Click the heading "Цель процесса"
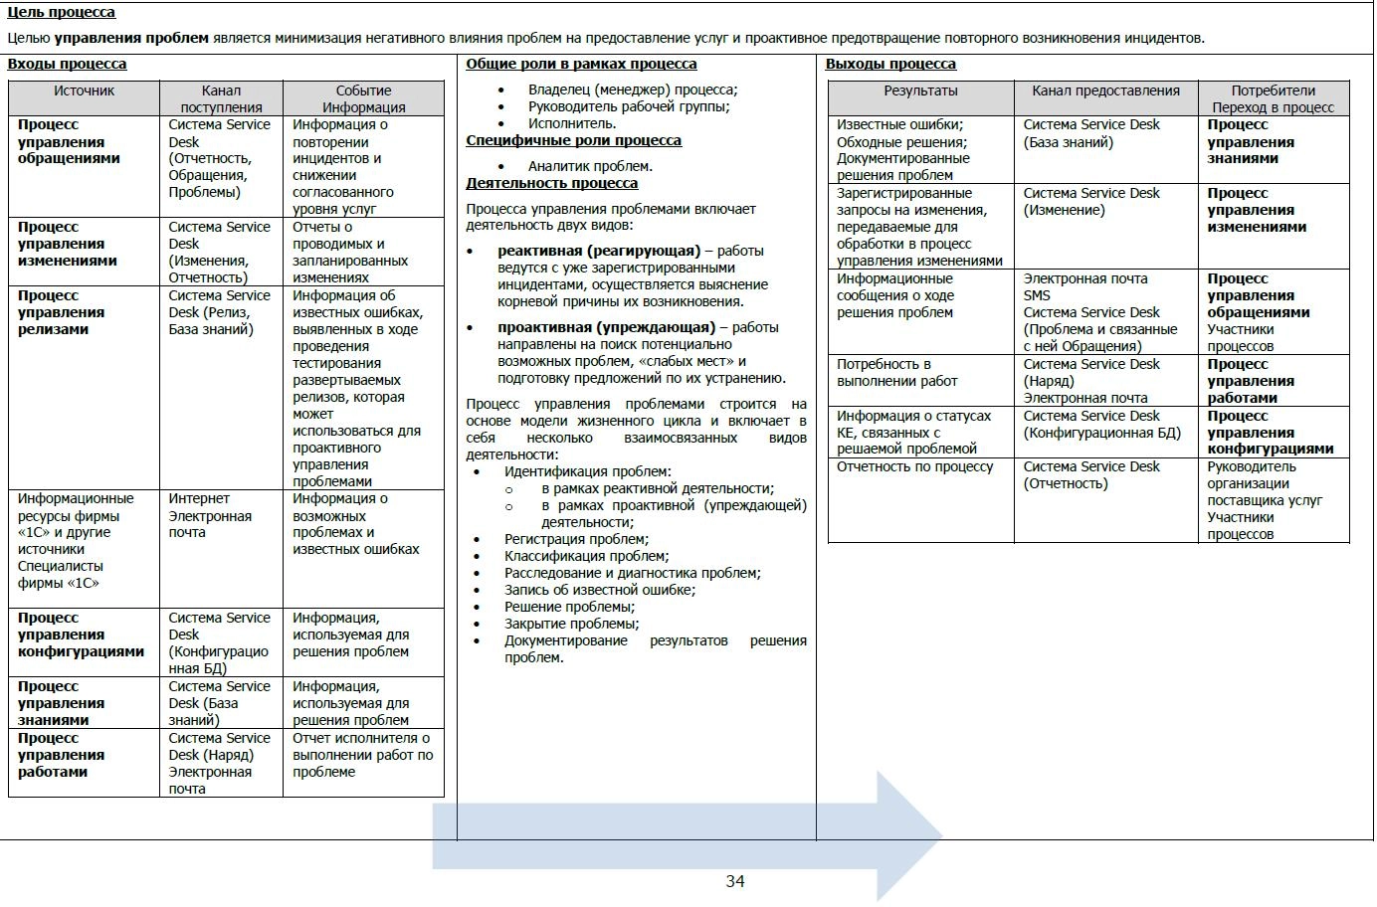[61, 13]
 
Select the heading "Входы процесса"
[67, 64]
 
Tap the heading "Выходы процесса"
[890, 64]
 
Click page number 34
[735, 881]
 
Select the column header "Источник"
[84, 91]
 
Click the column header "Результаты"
[920, 91]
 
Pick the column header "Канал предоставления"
[1105, 91]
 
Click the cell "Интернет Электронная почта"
[210, 515]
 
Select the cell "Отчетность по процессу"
[914, 466]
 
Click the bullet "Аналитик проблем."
[590, 166]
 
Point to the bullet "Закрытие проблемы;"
[571, 624]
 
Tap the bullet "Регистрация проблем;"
[576, 539]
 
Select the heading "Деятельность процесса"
[551, 183]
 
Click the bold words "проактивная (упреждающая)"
[606, 327]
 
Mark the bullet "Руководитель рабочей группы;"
[629, 106]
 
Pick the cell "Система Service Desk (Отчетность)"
[1091, 474]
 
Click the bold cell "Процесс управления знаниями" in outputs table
[1251, 141]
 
